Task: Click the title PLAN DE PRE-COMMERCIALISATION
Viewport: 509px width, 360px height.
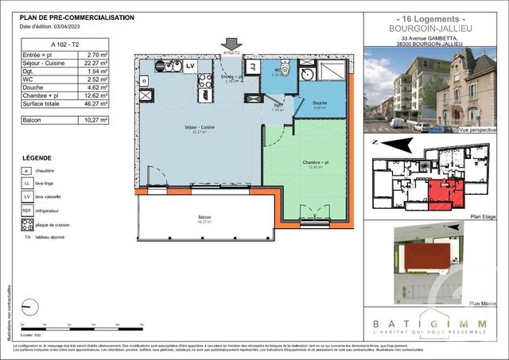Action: (x=76, y=17)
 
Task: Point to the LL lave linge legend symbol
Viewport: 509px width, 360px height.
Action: (x=28, y=184)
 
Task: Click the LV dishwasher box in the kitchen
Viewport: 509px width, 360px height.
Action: (x=190, y=67)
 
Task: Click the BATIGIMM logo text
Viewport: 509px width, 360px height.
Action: (x=434, y=323)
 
